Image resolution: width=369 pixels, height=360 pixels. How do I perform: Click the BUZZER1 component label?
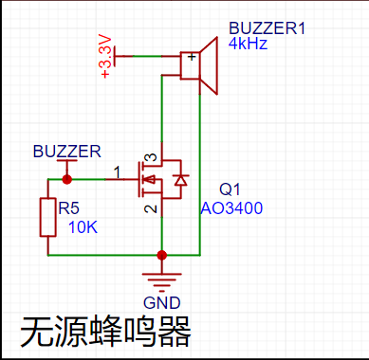click(268, 28)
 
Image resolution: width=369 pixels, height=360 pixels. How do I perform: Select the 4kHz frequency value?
click(248, 44)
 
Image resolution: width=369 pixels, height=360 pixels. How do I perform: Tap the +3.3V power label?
click(105, 56)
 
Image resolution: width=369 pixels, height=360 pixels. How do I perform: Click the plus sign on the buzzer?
click(192, 57)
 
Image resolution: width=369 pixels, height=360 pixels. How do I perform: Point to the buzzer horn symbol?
click(209, 65)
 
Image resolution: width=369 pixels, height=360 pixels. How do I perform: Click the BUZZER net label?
click(67, 152)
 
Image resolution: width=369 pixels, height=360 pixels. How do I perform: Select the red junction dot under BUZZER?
click(66, 179)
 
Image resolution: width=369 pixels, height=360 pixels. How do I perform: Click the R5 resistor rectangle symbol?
click(48, 217)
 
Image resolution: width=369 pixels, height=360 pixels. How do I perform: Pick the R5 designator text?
click(68, 208)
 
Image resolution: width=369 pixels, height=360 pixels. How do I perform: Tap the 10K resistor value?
click(83, 227)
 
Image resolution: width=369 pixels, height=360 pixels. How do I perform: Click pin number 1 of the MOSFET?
click(117, 172)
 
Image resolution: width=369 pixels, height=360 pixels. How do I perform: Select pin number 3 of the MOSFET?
click(153, 157)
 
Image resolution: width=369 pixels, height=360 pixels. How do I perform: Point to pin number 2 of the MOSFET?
click(151, 208)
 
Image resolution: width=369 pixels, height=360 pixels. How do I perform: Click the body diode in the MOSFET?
click(181, 180)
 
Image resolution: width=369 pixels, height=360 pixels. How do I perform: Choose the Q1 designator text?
click(230, 189)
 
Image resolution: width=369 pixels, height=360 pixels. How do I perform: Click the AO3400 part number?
click(231, 208)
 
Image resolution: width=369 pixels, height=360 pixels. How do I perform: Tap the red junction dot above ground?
click(162, 255)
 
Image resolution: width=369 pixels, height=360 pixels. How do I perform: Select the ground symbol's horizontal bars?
click(162, 282)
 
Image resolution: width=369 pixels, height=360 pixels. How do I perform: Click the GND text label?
click(162, 303)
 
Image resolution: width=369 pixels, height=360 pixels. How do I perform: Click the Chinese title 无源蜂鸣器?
click(106, 333)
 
